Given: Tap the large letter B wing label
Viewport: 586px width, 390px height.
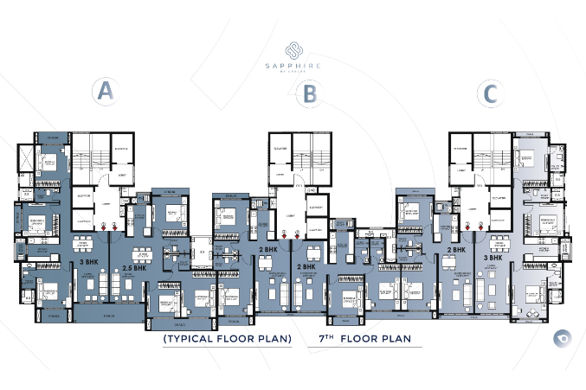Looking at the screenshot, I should [x=307, y=93].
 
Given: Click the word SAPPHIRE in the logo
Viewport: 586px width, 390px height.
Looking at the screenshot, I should [x=293, y=64].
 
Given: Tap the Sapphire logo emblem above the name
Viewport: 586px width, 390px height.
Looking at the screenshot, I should [x=293, y=48].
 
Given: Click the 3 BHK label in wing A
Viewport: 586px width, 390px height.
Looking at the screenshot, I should [x=87, y=260].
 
